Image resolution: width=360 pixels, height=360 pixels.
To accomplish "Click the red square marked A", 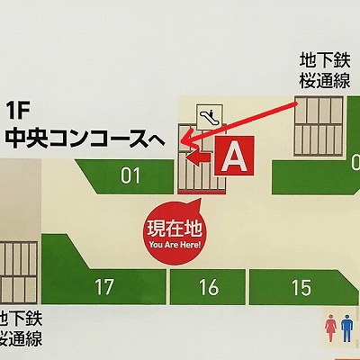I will tap(234, 157).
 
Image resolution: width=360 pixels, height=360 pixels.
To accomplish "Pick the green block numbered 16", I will tap(209, 287).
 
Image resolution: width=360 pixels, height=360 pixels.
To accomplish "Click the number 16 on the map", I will tap(209, 288).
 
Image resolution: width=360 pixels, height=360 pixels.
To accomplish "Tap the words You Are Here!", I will tap(175, 243).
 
